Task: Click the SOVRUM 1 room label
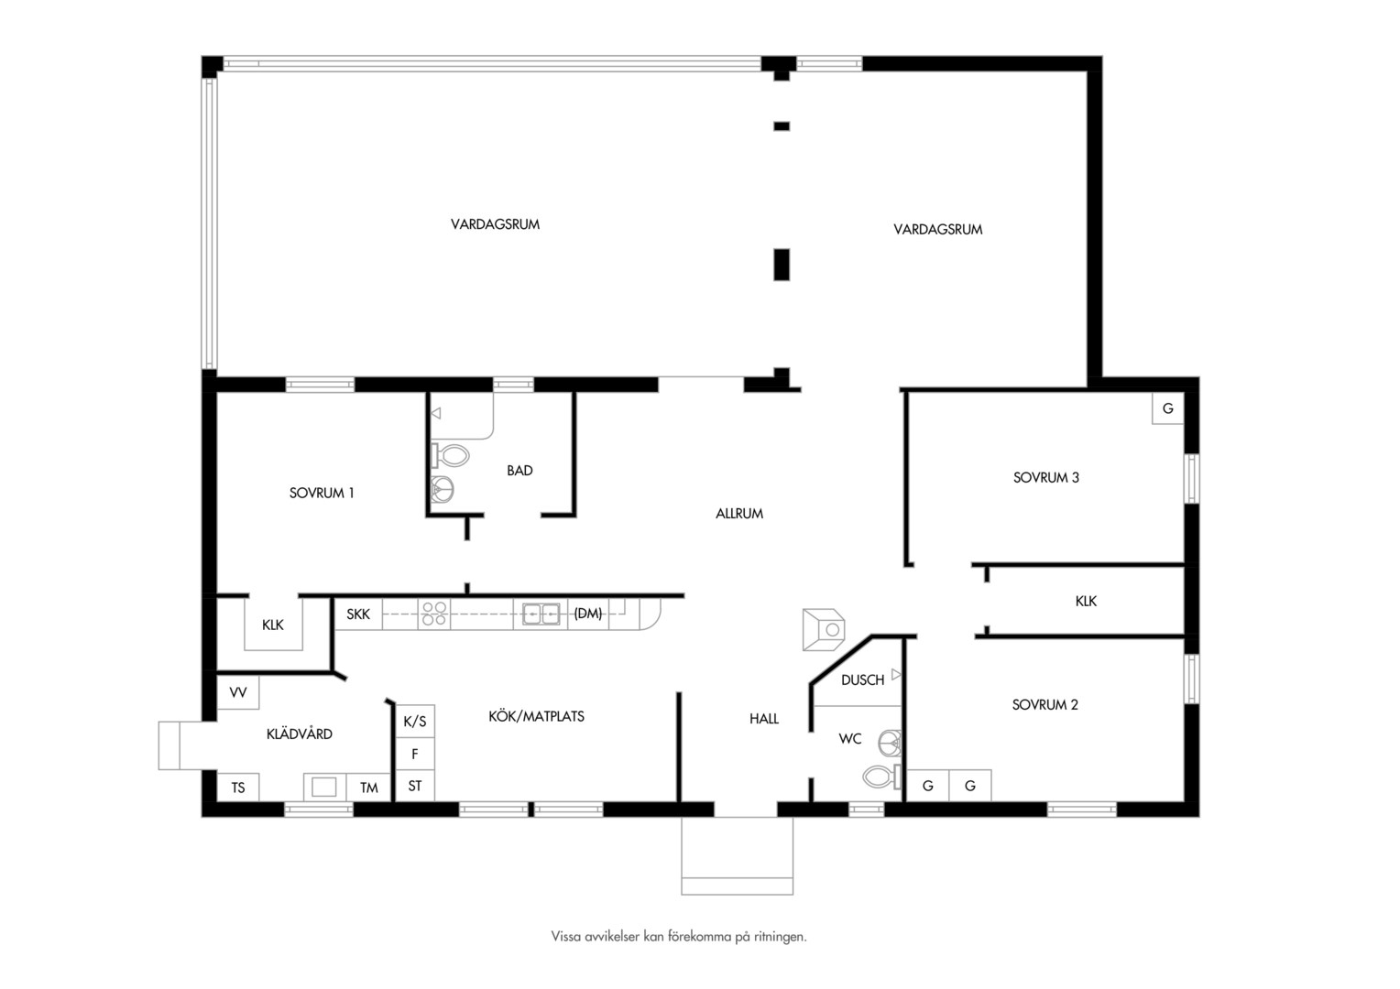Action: point(322,493)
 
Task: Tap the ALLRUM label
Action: point(739,514)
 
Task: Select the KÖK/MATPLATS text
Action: point(536,716)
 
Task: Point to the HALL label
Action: point(764,719)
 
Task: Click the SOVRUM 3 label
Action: point(1045,477)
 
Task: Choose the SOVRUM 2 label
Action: point(1045,705)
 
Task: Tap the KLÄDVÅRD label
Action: point(300,734)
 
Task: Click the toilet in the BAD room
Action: point(450,455)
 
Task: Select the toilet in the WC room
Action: point(882,777)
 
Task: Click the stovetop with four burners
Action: point(433,614)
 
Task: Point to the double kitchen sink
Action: point(541,614)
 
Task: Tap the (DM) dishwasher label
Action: point(588,614)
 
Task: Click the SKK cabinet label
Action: point(358,614)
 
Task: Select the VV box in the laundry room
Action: point(237,692)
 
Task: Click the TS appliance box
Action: point(237,788)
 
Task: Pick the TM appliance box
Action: point(368,788)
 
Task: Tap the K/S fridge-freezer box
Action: point(415,722)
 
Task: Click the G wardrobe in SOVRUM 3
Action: point(1168,408)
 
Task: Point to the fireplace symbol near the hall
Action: point(824,629)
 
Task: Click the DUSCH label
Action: point(862,679)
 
